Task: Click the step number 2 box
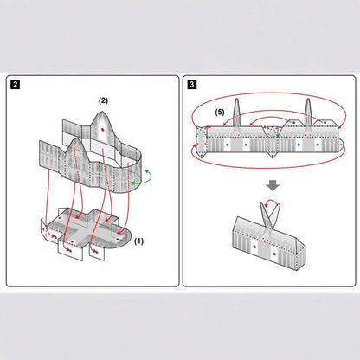(x=16, y=85)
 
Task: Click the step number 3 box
(x=191, y=85)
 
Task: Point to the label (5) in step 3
(x=220, y=111)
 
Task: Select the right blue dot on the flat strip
(x=300, y=145)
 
